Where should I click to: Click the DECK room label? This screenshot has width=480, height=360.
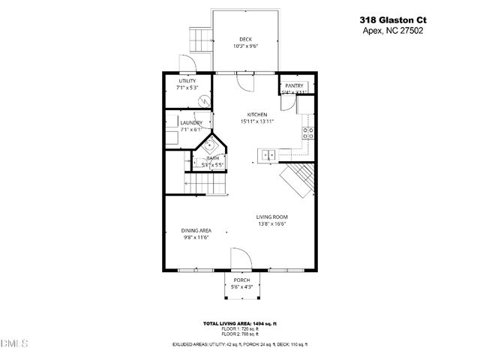[x=245, y=39]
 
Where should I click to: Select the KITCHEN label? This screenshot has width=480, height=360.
[x=257, y=114]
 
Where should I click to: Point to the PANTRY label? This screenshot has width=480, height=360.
[x=294, y=86]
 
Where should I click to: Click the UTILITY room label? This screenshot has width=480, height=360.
[x=187, y=81]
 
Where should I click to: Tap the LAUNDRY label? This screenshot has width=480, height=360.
[x=191, y=122]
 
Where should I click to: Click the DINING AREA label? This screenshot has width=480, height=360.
[x=196, y=230]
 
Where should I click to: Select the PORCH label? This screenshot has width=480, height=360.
[x=241, y=280]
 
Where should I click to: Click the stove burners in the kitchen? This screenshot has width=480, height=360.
[x=307, y=133]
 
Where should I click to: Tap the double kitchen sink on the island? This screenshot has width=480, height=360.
[x=267, y=155]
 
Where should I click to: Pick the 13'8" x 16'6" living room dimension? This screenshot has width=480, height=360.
[x=272, y=223]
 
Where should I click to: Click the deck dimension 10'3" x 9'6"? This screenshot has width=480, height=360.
[x=245, y=46]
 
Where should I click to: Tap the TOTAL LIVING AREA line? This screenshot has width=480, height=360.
[x=240, y=323]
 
